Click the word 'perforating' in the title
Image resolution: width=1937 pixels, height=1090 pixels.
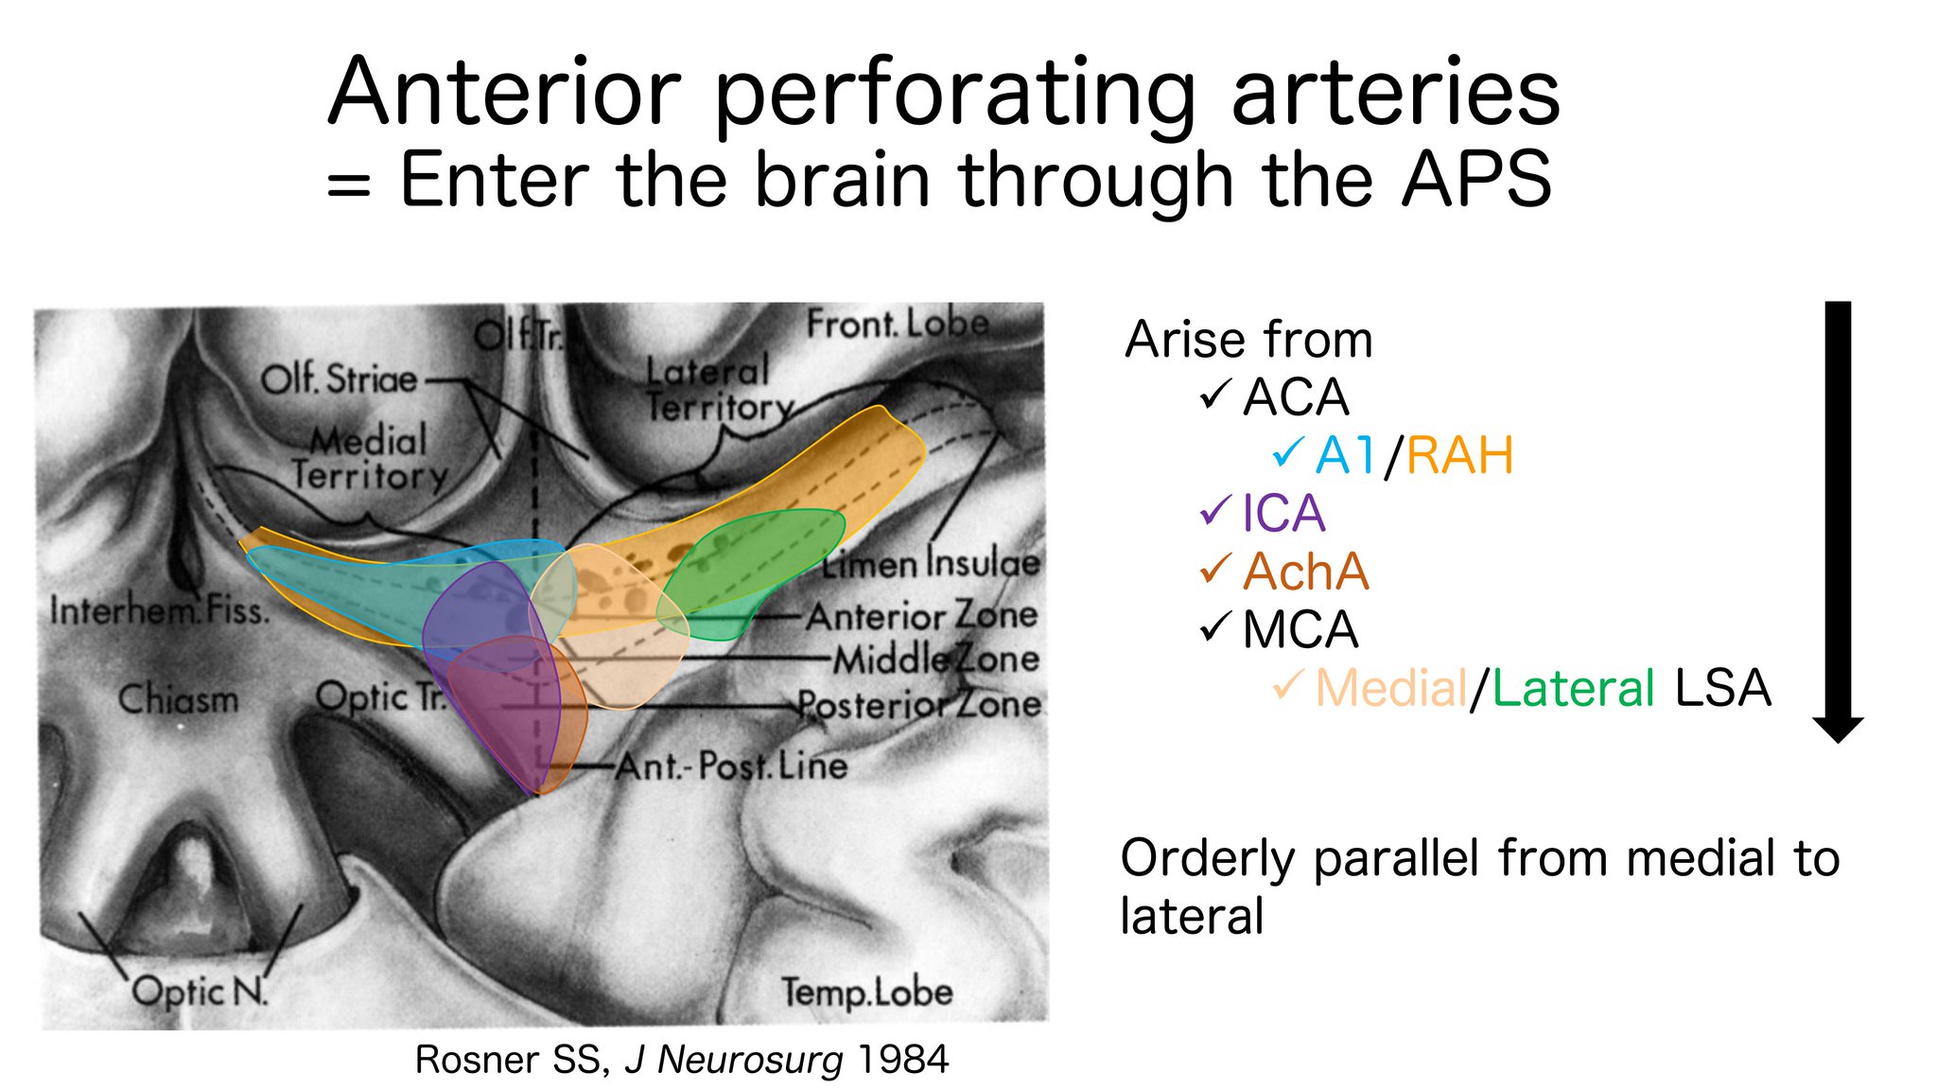[x=955, y=95]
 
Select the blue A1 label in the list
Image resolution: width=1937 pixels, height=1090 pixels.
[x=1345, y=456]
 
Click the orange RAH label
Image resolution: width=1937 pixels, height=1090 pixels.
[x=1459, y=456]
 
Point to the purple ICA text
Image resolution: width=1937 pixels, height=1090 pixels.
[x=1283, y=514]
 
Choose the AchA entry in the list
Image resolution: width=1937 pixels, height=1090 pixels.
[x=1305, y=571]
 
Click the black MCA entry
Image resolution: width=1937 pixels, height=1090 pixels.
[x=1300, y=630]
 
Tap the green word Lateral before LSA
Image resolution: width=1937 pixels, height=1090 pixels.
[x=1573, y=689]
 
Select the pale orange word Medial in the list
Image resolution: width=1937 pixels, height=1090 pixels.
[x=1390, y=689]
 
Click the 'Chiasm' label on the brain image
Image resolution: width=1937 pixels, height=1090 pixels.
[x=178, y=700]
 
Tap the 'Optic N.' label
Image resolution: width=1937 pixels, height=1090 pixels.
[x=200, y=992]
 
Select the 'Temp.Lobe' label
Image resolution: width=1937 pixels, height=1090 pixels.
[x=866, y=993]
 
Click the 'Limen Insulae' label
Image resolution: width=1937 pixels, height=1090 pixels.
[x=932, y=564]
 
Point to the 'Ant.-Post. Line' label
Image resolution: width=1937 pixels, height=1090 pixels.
[x=731, y=765]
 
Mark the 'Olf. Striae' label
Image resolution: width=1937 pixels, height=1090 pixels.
[x=339, y=379]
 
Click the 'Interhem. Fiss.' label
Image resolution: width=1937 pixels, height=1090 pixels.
[x=159, y=611]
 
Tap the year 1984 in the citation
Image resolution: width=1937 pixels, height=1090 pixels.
[x=902, y=1060]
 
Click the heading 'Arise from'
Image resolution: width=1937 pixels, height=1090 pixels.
[x=1248, y=340]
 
